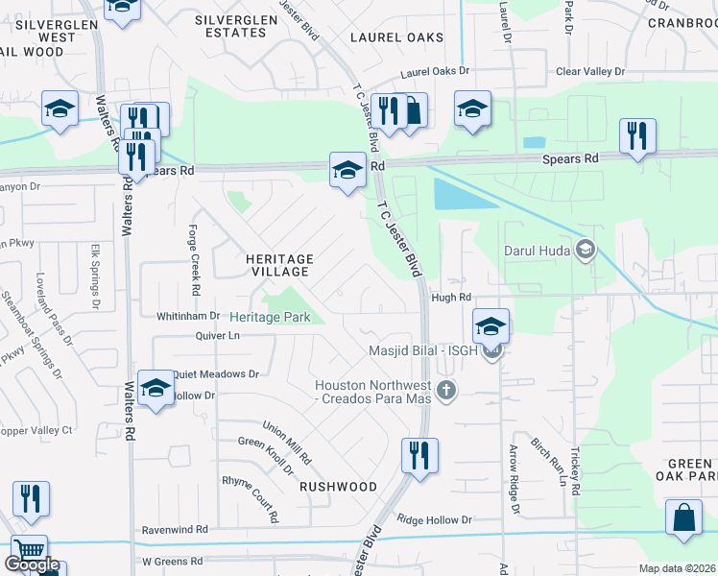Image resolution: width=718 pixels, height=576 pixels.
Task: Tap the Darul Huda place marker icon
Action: pyautogui.click(x=585, y=252)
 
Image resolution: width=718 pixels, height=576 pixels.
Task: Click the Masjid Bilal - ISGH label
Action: pyautogui.click(x=423, y=351)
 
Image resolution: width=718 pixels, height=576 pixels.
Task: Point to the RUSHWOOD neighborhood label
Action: pyautogui.click(x=338, y=487)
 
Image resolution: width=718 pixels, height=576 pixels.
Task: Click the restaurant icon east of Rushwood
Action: pyautogui.click(x=419, y=455)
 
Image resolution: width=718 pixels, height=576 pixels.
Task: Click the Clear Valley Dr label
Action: pyautogui.click(x=591, y=71)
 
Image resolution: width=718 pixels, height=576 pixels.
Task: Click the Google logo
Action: pyautogui.click(x=32, y=564)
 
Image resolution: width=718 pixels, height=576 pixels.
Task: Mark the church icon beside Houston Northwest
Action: pyautogui.click(x=444, y=390)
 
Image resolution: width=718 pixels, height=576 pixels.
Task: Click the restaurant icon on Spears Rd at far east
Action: pyautogui.click(x=637, y=135)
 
